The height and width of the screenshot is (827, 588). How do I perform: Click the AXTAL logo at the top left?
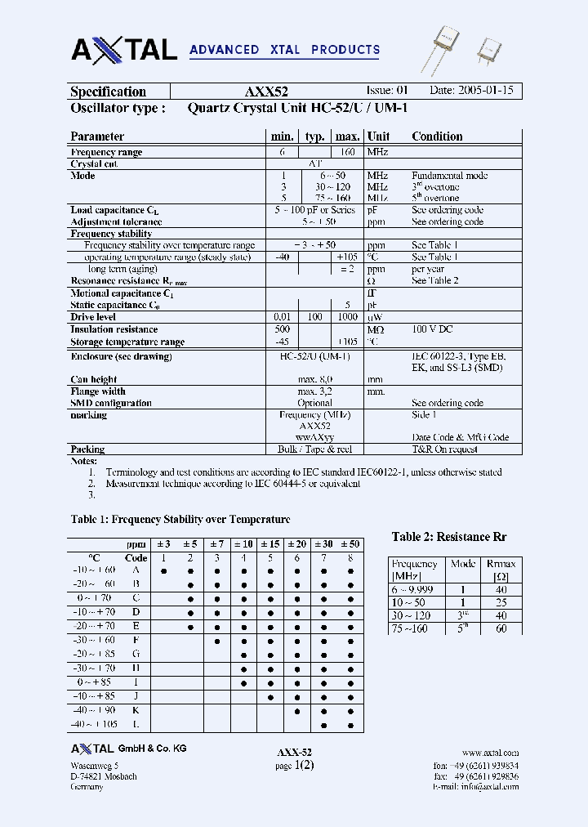click(124, 49)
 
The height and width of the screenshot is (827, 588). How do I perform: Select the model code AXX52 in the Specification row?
click(266, 92)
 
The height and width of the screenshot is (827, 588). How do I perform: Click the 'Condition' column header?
click(437, 136)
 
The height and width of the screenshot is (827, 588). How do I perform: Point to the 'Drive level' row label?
click(93, 317)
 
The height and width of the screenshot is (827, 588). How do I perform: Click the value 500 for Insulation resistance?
click(283, 329)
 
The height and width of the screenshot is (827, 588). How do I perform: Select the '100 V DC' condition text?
click(432, 329)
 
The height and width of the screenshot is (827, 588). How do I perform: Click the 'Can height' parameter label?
click(93, 379)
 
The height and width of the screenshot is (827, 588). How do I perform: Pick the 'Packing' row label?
click(87, 449)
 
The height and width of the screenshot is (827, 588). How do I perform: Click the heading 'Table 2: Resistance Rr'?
click(449, 537)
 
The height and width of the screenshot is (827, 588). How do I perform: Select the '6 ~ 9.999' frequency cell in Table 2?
click(413, 589)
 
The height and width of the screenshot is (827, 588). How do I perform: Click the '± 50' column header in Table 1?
click(350, 544)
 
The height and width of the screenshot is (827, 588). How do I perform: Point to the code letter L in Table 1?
click(136, 724)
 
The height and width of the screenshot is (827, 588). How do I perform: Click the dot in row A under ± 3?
click(163, 570)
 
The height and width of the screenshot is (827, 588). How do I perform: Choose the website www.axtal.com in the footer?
click(490, 753)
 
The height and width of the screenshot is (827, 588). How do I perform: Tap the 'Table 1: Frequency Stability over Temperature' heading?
click(180, 519)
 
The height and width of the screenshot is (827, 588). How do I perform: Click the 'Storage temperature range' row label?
click(127, 342)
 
